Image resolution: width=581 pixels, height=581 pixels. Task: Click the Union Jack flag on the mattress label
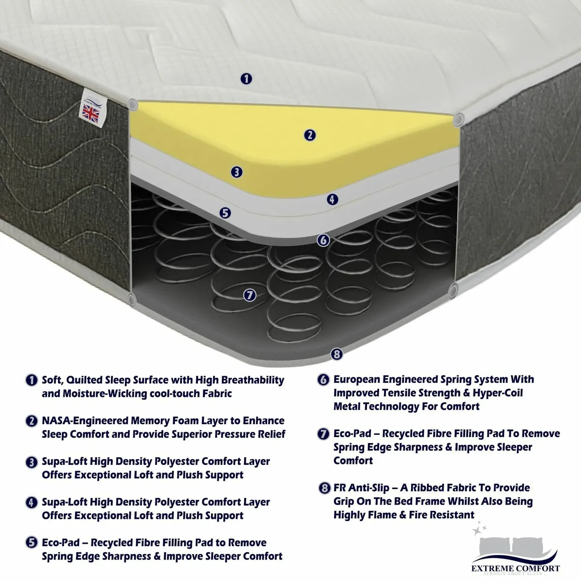point(91,113)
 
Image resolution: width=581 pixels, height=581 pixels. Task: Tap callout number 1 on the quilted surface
point(246,78)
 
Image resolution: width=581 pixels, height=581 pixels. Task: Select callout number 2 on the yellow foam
point(310,135)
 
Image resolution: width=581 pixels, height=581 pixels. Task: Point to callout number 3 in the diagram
point(236,172)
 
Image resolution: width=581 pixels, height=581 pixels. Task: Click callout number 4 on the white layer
point(332,199)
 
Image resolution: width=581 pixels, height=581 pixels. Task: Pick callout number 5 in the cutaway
point(225,213)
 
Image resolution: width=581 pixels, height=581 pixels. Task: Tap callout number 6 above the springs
point(324,240)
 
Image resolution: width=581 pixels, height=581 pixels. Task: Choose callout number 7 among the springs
point(249,295)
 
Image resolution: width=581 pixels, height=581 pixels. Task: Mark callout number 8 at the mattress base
point(337,354)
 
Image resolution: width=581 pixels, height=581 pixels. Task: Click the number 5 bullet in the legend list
point(32,543)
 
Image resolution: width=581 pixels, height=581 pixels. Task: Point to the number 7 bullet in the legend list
point(323,434)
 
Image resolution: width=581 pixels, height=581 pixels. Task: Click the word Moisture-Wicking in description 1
point(108,394)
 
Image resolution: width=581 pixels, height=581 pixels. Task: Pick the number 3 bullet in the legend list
point(32,462)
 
